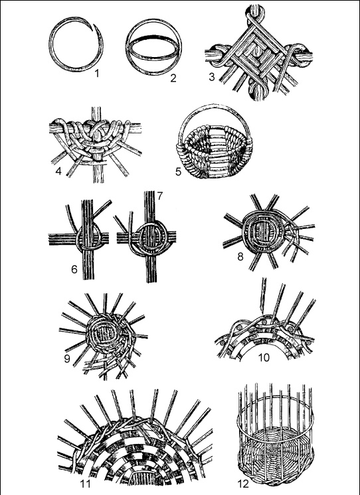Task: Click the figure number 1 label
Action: tap(97, 73)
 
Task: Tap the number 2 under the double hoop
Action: tap(173, 78)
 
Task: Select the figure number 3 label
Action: tap(212, 77)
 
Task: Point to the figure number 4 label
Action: tap(58, 171)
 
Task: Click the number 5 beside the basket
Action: tap(179, 171)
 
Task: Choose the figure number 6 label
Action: tap(74, 269)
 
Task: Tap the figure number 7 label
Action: tap(159, 196)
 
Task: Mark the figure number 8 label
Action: tap(240, 257)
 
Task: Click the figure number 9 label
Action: tap(67, 359)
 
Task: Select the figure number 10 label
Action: tap(264, 358)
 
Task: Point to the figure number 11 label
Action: tap(85, 483)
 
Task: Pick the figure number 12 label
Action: tap(242, 483)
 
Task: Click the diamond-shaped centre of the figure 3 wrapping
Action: tap(258, 54)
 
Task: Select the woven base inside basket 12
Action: tap(276, 449)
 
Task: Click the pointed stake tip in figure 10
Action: tap(262, 309)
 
